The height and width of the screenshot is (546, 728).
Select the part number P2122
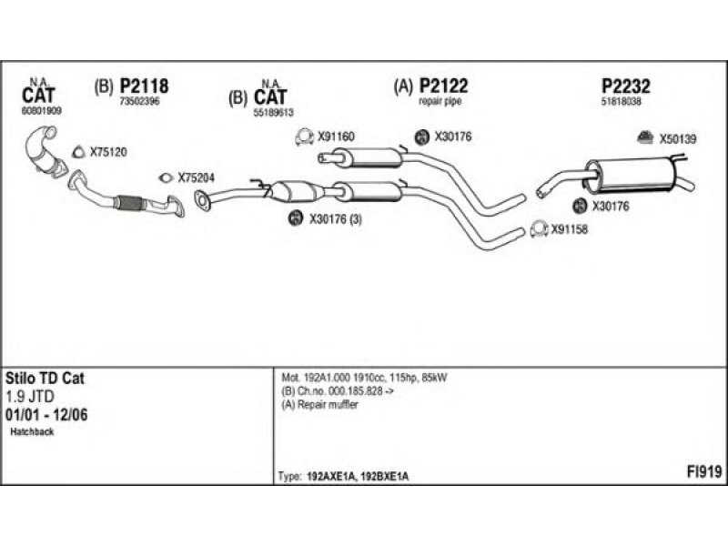pos(443,86)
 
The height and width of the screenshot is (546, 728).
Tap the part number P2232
pos(626,86)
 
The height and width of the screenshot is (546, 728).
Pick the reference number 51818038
pos(622,102)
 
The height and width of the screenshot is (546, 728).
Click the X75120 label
pos(108,152)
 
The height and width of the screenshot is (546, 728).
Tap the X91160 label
pos(336,137)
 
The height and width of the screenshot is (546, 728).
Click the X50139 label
pos(677,139)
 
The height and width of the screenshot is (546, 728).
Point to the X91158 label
pos(571,229)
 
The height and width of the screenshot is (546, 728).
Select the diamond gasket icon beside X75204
pos(165,178)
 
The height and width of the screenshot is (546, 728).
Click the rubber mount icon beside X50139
pos(643,138)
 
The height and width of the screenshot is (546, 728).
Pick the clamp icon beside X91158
pos(537,228)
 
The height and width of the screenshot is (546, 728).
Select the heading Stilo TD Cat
pos(45,377)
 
